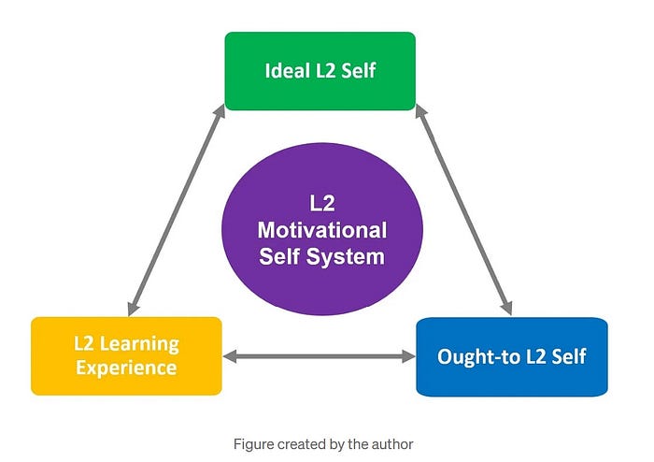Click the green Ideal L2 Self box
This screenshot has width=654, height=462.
click(320, 71)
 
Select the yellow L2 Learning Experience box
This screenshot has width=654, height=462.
click(126, 355)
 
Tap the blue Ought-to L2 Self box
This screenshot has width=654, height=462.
click(511, 356)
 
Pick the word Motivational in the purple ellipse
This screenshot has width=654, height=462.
click(321, 230)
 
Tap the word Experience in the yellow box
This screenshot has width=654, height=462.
click(126, 368)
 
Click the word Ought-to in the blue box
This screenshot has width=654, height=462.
click(480, 356)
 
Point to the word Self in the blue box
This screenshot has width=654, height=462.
click(567, 356)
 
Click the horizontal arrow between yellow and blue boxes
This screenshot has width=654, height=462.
click(319, 356)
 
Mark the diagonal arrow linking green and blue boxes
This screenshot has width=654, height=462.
click(463, 208)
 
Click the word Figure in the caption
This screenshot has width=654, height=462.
click(253, 444)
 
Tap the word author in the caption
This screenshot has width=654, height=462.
click(390, 444)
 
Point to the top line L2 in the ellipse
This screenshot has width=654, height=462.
click(321, 204)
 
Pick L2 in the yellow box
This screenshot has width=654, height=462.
click(86, 343)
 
